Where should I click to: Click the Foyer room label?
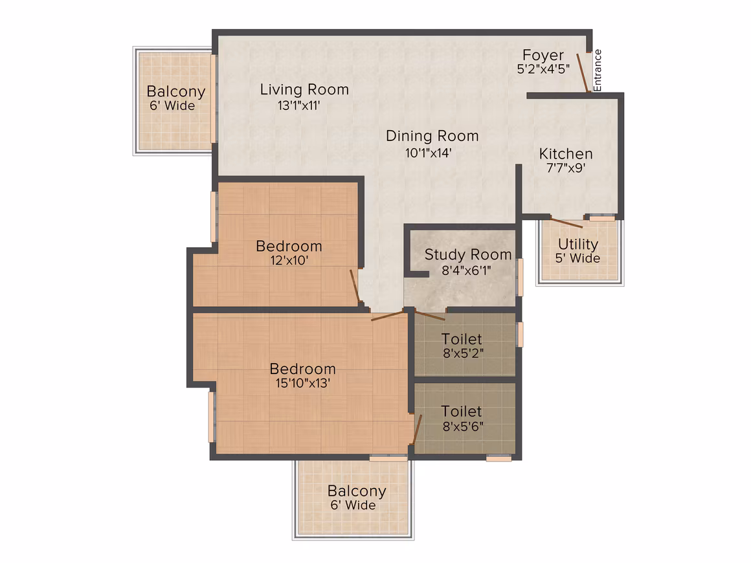point(543,55)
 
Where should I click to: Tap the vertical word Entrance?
point(598,71)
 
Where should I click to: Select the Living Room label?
point(304,89)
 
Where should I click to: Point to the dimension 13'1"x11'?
point(299,105)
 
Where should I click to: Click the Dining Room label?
point(432,136)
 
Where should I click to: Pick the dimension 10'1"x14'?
point(428,153)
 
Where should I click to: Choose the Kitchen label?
point(566,153)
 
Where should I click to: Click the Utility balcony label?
point(578,244)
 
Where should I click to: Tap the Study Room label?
point(468,255)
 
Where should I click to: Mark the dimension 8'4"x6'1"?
point(466,270)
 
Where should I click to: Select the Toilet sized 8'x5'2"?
point(462,339)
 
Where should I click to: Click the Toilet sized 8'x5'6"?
point(462,411)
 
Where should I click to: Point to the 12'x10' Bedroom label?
point(289,246)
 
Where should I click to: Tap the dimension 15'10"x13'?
point(303,383)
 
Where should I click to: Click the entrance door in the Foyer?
point(583,72)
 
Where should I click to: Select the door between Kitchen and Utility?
point(566,223)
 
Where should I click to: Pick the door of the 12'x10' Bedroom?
point(355,286)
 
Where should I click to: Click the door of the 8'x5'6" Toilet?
point(417,430)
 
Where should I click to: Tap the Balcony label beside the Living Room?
point(176,91)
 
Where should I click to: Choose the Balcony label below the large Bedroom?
point(357,491)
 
